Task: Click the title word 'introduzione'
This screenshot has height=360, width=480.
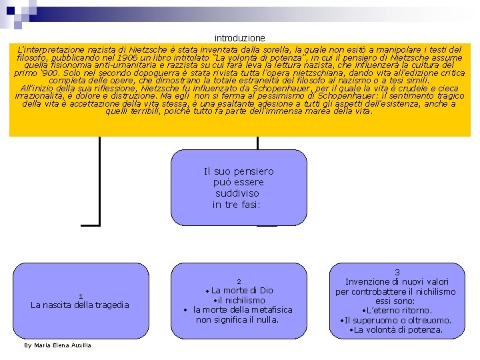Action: tap(239, 38)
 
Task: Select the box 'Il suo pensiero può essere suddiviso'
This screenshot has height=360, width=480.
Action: tap(239, 187)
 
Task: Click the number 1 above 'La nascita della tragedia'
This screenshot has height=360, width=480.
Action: tap(80, 296)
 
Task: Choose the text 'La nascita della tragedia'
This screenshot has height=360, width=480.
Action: tap(80, 305)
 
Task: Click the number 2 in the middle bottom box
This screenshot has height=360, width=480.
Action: tap(239, 281)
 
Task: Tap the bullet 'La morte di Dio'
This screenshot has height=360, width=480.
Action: tap(242, 291)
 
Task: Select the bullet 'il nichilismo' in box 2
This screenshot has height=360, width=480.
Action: tap(239, 300)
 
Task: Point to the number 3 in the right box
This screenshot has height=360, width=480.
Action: tap(397, 273)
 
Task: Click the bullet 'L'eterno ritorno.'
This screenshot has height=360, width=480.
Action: tap(397, 311)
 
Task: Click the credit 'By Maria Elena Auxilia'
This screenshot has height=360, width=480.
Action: tap(57, 345)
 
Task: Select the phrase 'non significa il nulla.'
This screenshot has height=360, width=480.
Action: tap(237, 319)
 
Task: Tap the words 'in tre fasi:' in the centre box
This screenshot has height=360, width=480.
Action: tap(238, 205)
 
